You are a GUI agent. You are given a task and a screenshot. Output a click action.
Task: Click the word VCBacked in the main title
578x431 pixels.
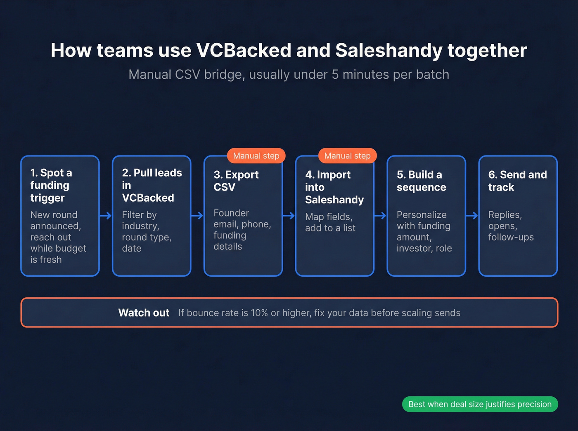click(244, 51)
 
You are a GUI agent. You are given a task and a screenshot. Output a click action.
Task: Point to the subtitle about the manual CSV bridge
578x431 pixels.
click(289, 75)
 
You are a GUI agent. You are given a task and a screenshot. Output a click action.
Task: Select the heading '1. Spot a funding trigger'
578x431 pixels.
click(51, 185)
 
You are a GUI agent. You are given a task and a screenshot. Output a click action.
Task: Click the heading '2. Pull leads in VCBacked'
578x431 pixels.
click(152, 185)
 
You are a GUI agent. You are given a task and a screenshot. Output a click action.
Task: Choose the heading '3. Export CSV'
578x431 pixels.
click(236, 181)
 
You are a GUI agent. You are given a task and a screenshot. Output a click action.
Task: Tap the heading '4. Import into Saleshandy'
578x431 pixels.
click(334, 187)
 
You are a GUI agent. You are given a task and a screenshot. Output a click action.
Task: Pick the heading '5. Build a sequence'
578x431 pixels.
click(421, 181)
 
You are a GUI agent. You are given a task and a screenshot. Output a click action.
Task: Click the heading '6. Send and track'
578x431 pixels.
click(517, 181)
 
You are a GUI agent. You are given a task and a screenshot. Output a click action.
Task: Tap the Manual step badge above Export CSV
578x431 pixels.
click(256, 156)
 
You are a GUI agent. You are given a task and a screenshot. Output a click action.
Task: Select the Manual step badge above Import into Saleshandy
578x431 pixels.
click(347, 156)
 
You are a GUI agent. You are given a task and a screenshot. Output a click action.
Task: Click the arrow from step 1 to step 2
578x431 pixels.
click(106, 215)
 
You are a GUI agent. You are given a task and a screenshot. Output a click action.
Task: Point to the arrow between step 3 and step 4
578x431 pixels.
click(289, 215)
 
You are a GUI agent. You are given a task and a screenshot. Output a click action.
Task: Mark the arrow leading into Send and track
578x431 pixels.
click(472, 215)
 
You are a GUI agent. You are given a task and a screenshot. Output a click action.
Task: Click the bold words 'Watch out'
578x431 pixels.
click(144, 313)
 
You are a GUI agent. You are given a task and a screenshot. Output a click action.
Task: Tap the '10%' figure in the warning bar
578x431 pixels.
click(259, 313)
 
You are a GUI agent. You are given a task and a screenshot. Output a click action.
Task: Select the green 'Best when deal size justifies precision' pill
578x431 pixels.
click(480, 404)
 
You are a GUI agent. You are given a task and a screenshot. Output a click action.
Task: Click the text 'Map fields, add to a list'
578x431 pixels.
click(330, 222)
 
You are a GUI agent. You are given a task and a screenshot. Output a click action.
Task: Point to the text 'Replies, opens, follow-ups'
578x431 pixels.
click(511, 226)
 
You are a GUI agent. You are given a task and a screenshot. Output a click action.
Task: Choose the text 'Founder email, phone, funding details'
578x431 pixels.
click(242, 230)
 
